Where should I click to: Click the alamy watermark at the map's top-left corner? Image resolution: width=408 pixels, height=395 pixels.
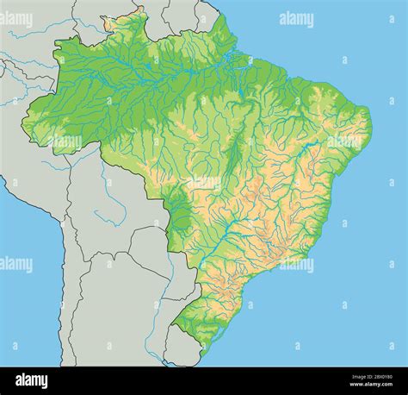click(16, 19)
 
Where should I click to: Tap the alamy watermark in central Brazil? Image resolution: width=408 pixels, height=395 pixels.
click(203, 183)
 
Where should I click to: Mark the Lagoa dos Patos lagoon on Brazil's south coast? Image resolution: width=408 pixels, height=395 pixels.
click(207, 332)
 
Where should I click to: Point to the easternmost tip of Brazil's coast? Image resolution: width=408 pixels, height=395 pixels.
click(371, 121)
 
